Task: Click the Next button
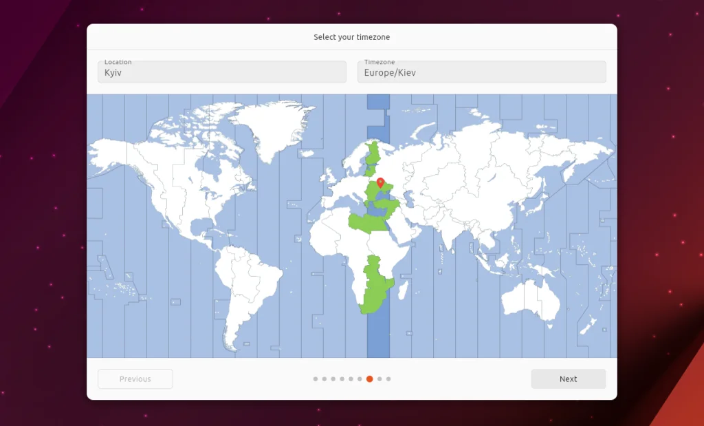pyautogui.click(x=568, y=379)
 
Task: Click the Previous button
pyautogui.click(x=135, y=379)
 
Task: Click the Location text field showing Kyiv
pyautogui.click(x=221, y=72)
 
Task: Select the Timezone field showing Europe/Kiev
pyautogui.click(x=481, y=72)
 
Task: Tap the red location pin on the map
pyautogui.click(x=380, y=182)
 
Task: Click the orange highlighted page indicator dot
pyautogui.click(x=370, y=379)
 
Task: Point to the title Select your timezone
pyautogui.click(x=351, y=37)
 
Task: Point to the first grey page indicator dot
pyautogui.click(x=316, y=379)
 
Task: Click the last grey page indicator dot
pyautogui.click(x=388, y=379)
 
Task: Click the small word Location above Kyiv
pyautogui.click(x=118, y=63)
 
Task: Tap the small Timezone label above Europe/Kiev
pyautogui.click(x=379, y=63)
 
